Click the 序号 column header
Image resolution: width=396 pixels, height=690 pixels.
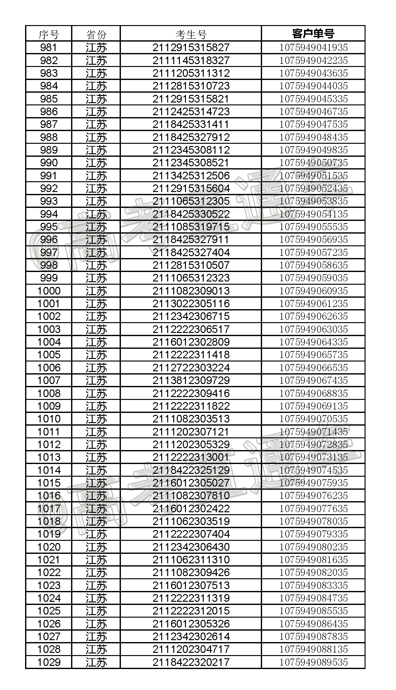point(49,34)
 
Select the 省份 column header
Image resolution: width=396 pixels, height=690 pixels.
point(96,34)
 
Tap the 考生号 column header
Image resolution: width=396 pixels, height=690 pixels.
point(191,34)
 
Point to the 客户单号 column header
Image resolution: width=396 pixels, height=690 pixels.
point(313,34)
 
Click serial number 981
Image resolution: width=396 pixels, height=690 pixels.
point(49,48)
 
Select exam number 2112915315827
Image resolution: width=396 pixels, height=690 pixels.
point(191,48)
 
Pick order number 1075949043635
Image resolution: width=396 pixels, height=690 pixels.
point(313,73)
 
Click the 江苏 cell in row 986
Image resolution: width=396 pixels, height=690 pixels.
point(96,112)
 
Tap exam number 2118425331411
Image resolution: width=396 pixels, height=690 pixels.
point(191,124)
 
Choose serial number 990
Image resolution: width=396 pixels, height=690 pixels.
point(49,163)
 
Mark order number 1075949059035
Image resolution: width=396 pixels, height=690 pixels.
point(313,278)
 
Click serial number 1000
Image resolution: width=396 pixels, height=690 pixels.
point(49,291)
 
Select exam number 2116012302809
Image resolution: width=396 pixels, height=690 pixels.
point(191,342)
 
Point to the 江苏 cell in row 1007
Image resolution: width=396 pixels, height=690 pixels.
point(96,381)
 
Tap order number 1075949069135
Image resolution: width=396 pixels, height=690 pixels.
point(313,406)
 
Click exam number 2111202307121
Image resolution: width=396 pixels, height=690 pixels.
point(191,432)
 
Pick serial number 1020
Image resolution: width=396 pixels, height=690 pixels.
point(49,547)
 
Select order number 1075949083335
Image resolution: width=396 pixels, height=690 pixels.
point(313,585)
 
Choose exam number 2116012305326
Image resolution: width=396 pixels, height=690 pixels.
point(191,624)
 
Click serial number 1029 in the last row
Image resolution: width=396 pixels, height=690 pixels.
point(49,662)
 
